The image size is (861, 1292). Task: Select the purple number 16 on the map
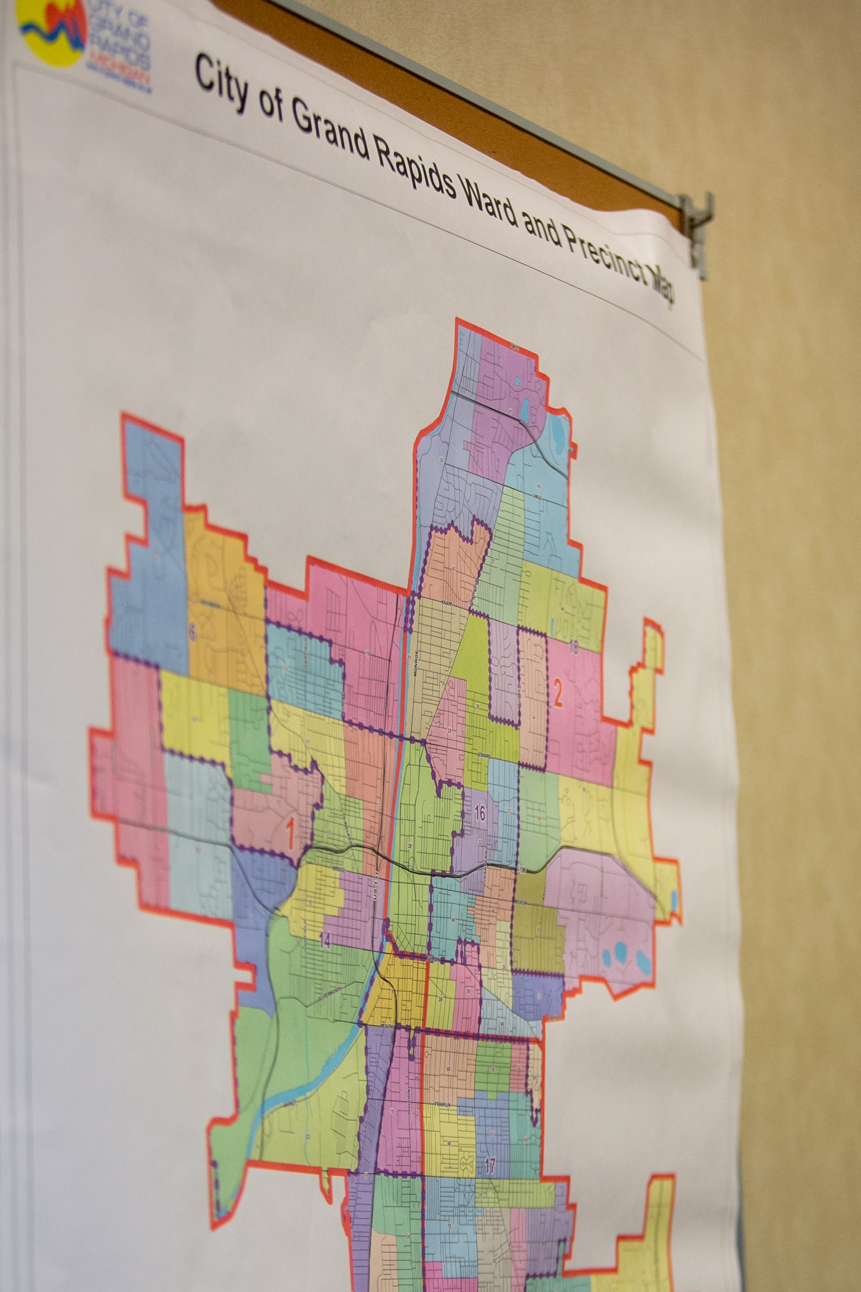click(x=479, y=813)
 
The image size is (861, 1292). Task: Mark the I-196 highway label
click(x=522, y=870)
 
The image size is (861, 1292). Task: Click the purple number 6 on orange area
click(x=192, y=633)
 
